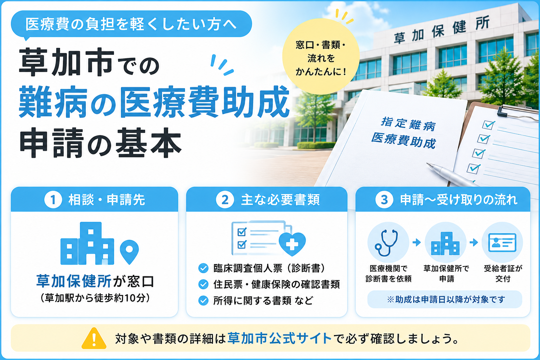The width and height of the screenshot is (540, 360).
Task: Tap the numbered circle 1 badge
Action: click(53, 200)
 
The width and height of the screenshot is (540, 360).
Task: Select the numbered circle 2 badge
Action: click(225, 200)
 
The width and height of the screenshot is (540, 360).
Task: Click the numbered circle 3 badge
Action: click(384, 200)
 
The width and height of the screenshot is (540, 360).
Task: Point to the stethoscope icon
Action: click(386, 243)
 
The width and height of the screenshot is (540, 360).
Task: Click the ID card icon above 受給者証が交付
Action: click(502, 242)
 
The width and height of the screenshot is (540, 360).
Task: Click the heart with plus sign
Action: click(292, 244)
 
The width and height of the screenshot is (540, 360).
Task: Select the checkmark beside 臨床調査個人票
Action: click(203, 268)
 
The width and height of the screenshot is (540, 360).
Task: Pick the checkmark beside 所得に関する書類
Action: click(203, 301)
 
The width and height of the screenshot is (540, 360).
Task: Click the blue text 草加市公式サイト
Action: click(279, 338)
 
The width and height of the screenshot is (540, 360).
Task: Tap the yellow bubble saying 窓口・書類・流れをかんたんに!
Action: click(321, 56)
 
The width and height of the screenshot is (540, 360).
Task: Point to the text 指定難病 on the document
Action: click(408, 124)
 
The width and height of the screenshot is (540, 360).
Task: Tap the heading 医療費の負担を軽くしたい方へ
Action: click(131, 24)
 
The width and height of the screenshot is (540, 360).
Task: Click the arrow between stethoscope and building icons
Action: click(417, 242)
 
